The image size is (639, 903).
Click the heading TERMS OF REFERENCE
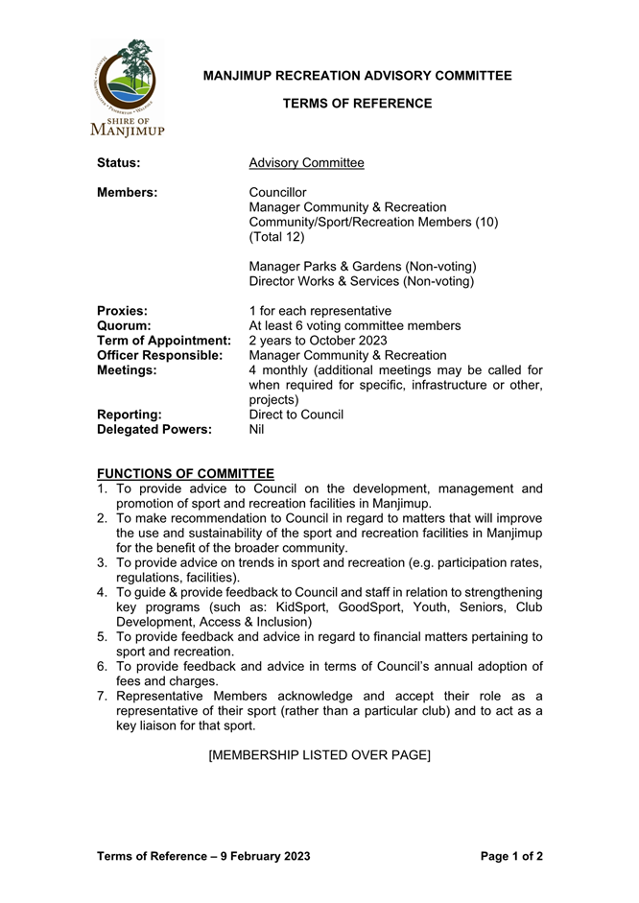pyautogui.click(x=358, y=103)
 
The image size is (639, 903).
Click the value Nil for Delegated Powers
pyautogui.click(x=256, y=430)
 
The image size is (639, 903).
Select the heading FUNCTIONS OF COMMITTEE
pyautogui.click(x=186, y=473)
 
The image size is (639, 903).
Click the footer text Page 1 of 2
pyautogui.click(x=511, y=855)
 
